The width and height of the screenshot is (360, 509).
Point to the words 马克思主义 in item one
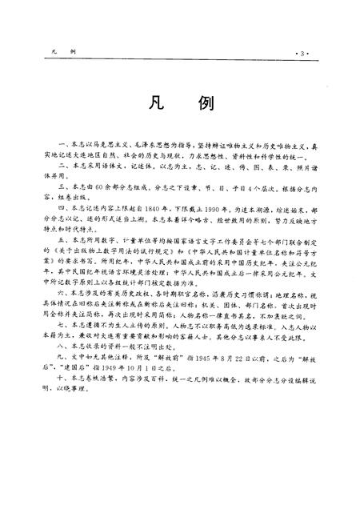coord(101,140)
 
